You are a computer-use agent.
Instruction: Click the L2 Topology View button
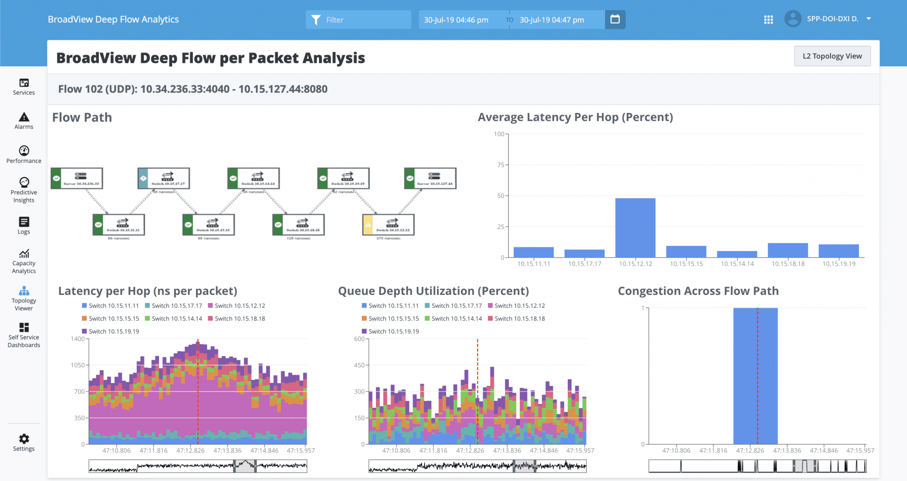point(832,56)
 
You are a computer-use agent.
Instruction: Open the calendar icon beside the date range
point(615,19)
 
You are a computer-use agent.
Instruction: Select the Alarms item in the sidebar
point(24,121)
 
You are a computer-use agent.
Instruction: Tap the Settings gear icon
point(24,438)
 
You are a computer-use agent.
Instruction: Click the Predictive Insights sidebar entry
point(24,190)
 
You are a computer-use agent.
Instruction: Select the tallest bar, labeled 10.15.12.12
point(635,228)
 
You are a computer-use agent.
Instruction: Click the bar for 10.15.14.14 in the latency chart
point(737,254)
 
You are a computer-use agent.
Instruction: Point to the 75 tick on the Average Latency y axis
point(501,165)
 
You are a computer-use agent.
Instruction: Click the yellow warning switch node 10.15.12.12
point(388,225)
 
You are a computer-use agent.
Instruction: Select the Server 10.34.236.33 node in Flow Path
point(77,178)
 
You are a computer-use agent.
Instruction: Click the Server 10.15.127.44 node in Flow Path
point(430,178)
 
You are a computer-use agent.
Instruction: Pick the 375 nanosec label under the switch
point(388,238)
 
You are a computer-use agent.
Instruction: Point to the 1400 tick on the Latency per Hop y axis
point(78,339)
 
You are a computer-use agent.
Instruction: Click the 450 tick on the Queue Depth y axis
point(359,365)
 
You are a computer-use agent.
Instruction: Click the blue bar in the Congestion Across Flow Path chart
point(755,376)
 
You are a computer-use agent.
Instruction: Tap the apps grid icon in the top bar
point(768,19)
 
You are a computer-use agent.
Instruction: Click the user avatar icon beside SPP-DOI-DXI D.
point(793,19)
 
